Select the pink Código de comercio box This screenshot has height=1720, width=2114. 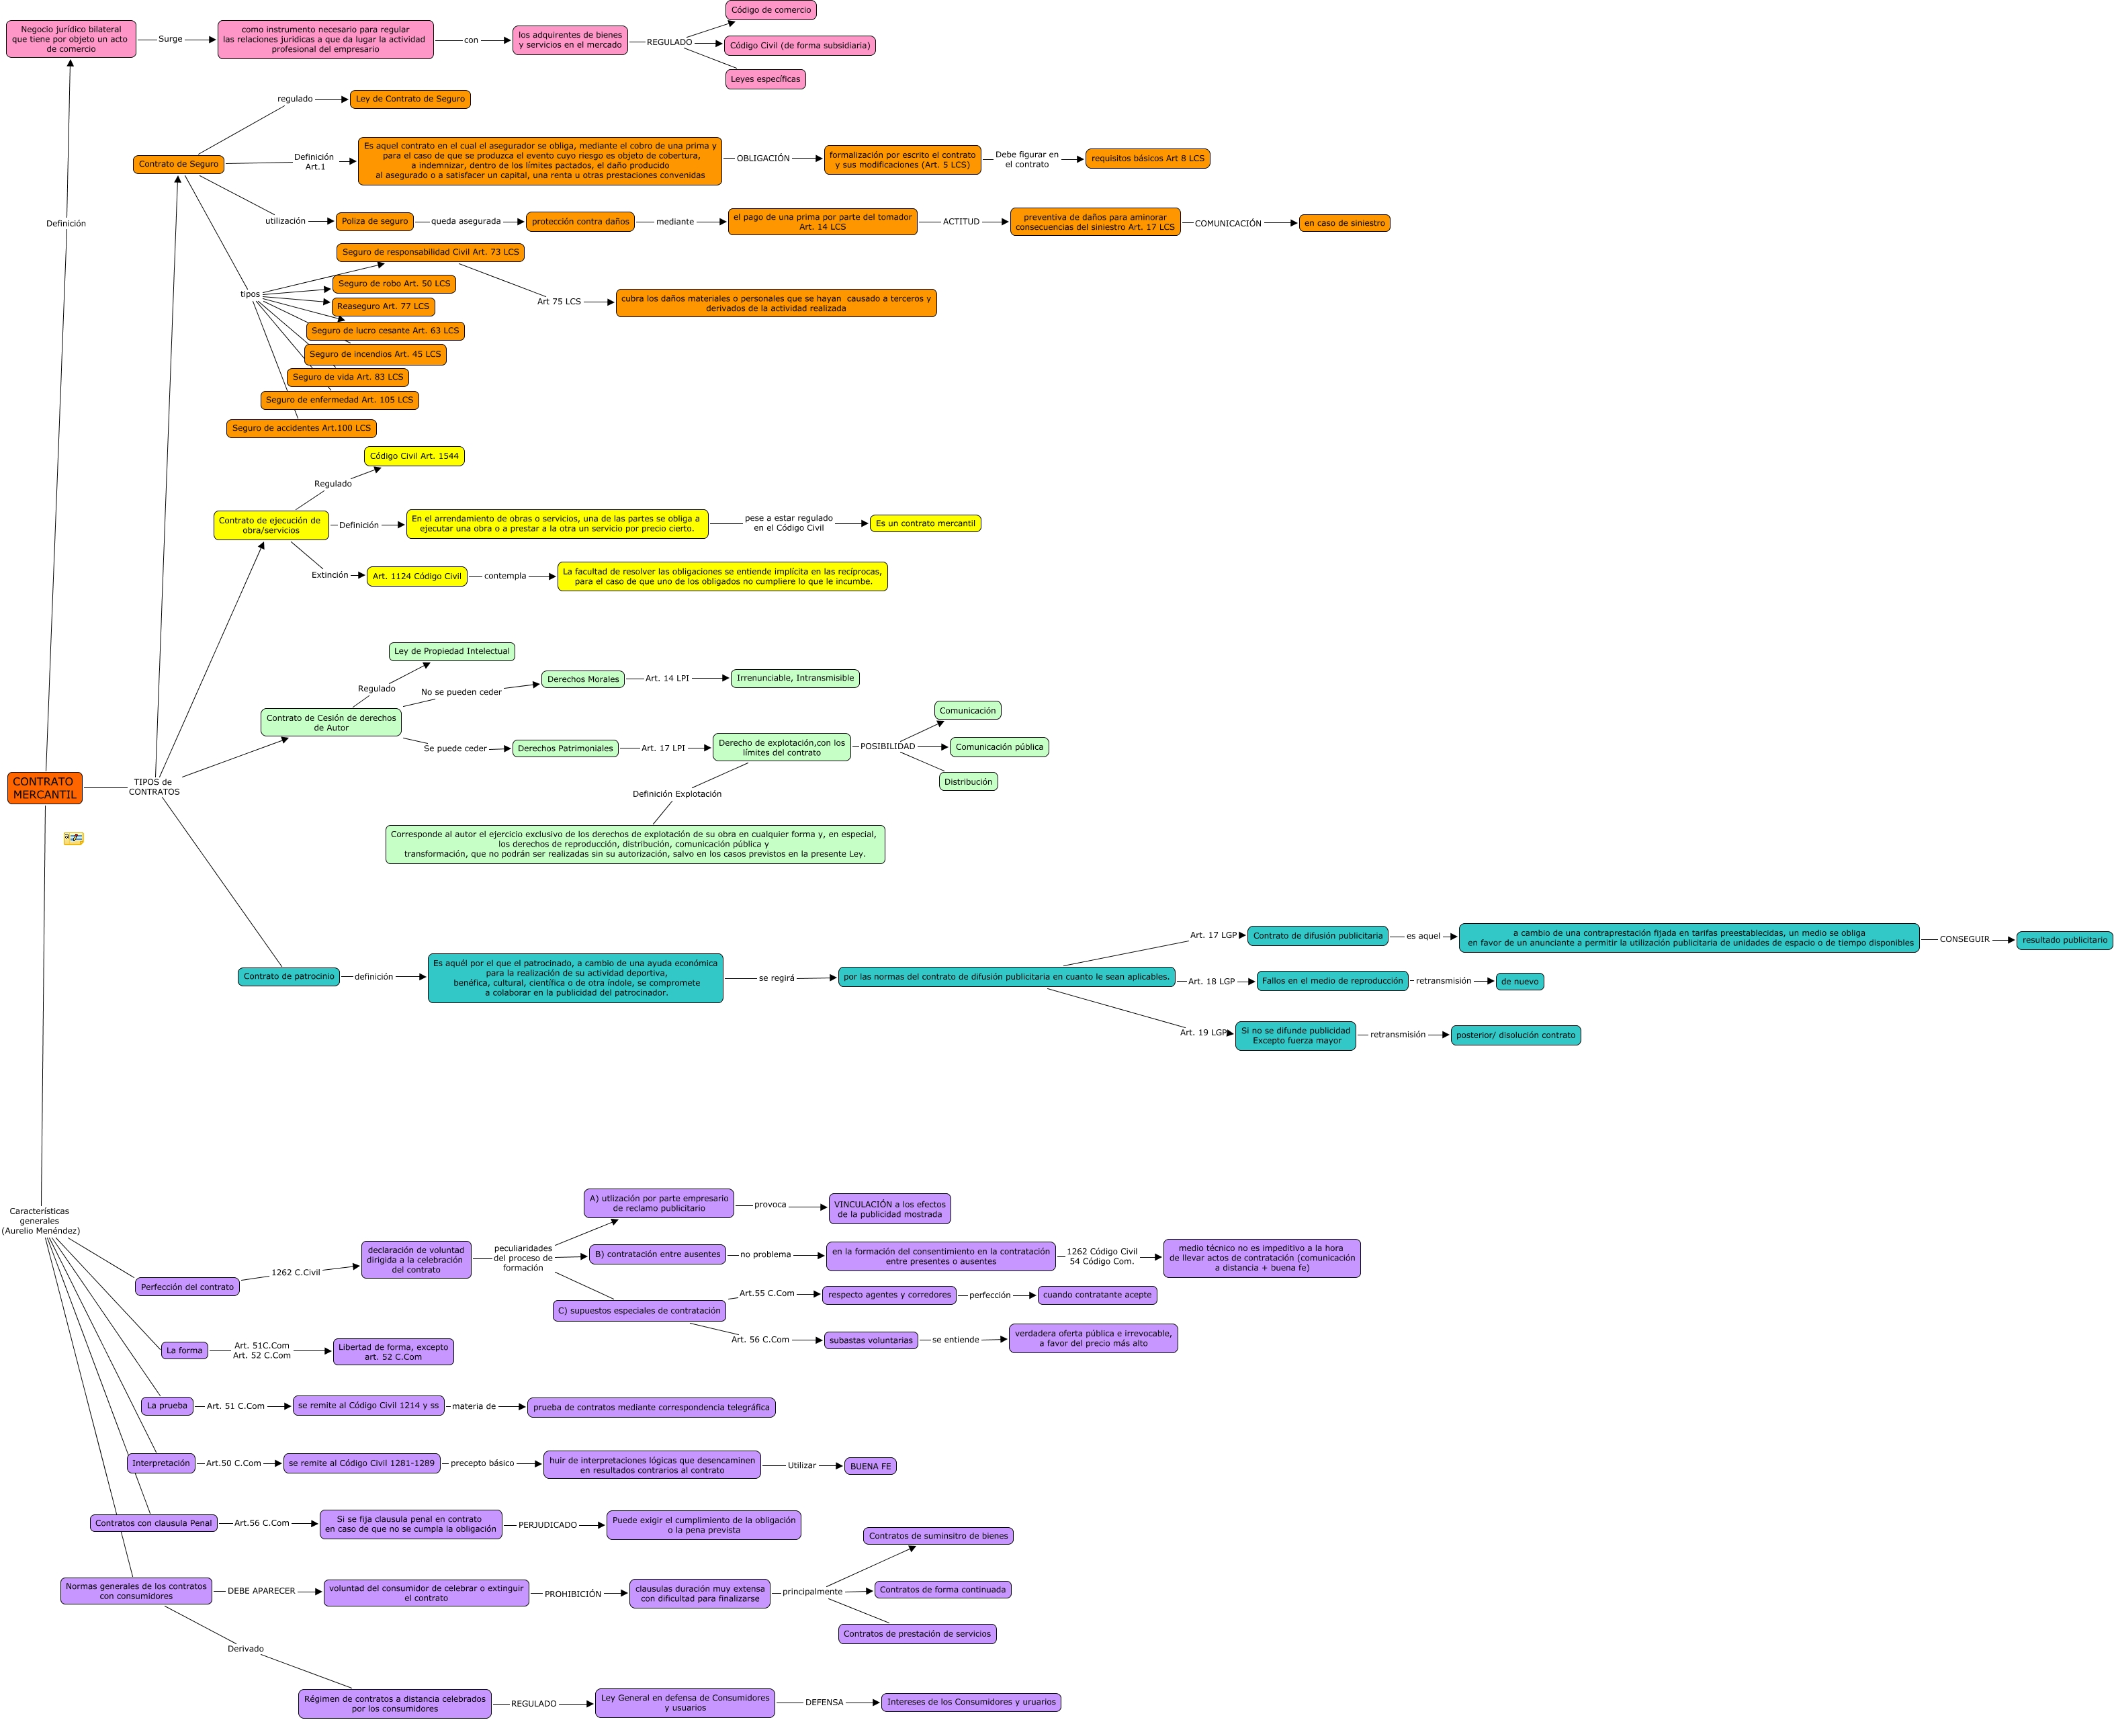[x=770, y=10]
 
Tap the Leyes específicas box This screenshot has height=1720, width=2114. [x=764, y=79]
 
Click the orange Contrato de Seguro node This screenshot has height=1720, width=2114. [x=178, y=165]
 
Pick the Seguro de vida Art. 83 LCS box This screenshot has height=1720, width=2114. [x=348, y=378]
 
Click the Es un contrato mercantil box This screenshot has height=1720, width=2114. [x=925, y=523]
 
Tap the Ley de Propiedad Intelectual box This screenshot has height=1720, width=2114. [x=451, y=651]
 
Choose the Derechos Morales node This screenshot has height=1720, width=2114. [x=582, y=680]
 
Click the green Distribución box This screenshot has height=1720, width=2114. [x=968, y=782]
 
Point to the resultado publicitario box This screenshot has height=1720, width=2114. [x=2064, y=940]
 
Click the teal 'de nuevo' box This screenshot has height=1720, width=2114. [x=1520, y=982]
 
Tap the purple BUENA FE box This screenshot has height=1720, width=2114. [x=870, y=1466]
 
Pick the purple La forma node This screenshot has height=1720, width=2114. [x=184, y=1350]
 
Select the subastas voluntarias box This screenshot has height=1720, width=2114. [x=871, y=1340]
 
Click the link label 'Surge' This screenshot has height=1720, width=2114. [x=171, y=40]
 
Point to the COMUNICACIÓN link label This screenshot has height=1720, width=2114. [x=1227, y=224]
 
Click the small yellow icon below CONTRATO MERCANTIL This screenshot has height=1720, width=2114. [x=73, y=838]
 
